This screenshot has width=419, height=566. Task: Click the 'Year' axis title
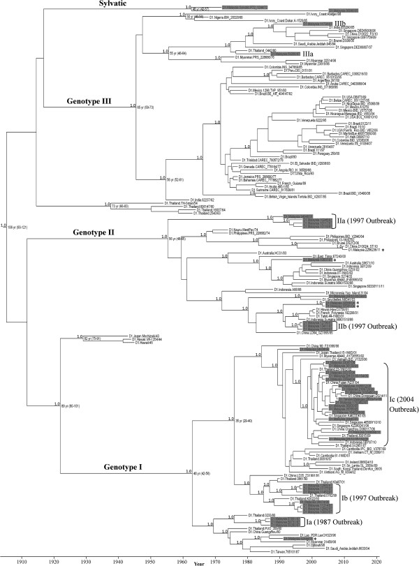coord(200,560)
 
